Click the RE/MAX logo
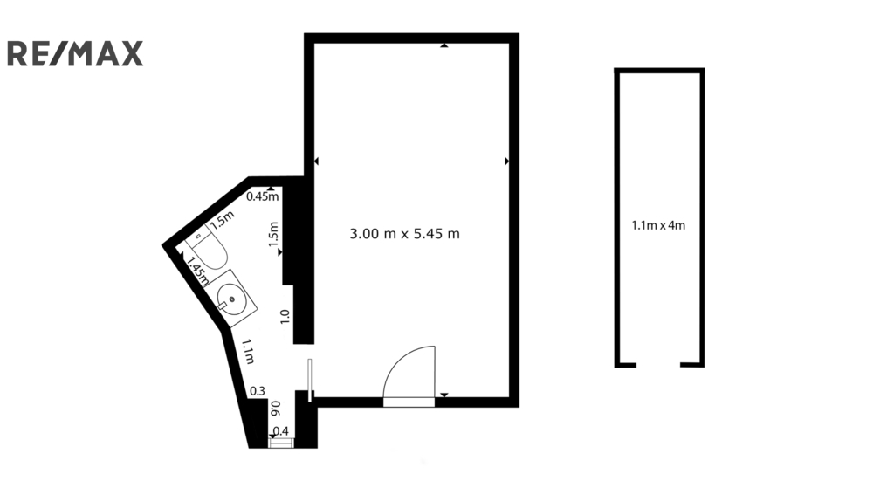(x=75, y=53)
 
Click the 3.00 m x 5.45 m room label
(x=404, y=234)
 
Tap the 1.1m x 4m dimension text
(x=658, y=225)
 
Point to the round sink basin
(x=231, y=298)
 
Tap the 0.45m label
(x=262, y=197)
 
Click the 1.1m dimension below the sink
(x=247, y=352)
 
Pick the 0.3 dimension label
(x=258, y=391)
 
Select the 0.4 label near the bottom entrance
(x=281, y=431)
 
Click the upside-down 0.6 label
(x=275, y=408)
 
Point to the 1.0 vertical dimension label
(x=285, y=317)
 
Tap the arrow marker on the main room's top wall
(x=444, y=45)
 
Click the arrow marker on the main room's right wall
(x=507, y=161)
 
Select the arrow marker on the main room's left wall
(x=316, y=161)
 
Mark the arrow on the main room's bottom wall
(x=444, y=395)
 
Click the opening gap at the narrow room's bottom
(x=658, y=365)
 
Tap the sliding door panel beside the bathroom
(x=310, y=380)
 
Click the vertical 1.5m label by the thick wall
(x=273, y=234)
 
